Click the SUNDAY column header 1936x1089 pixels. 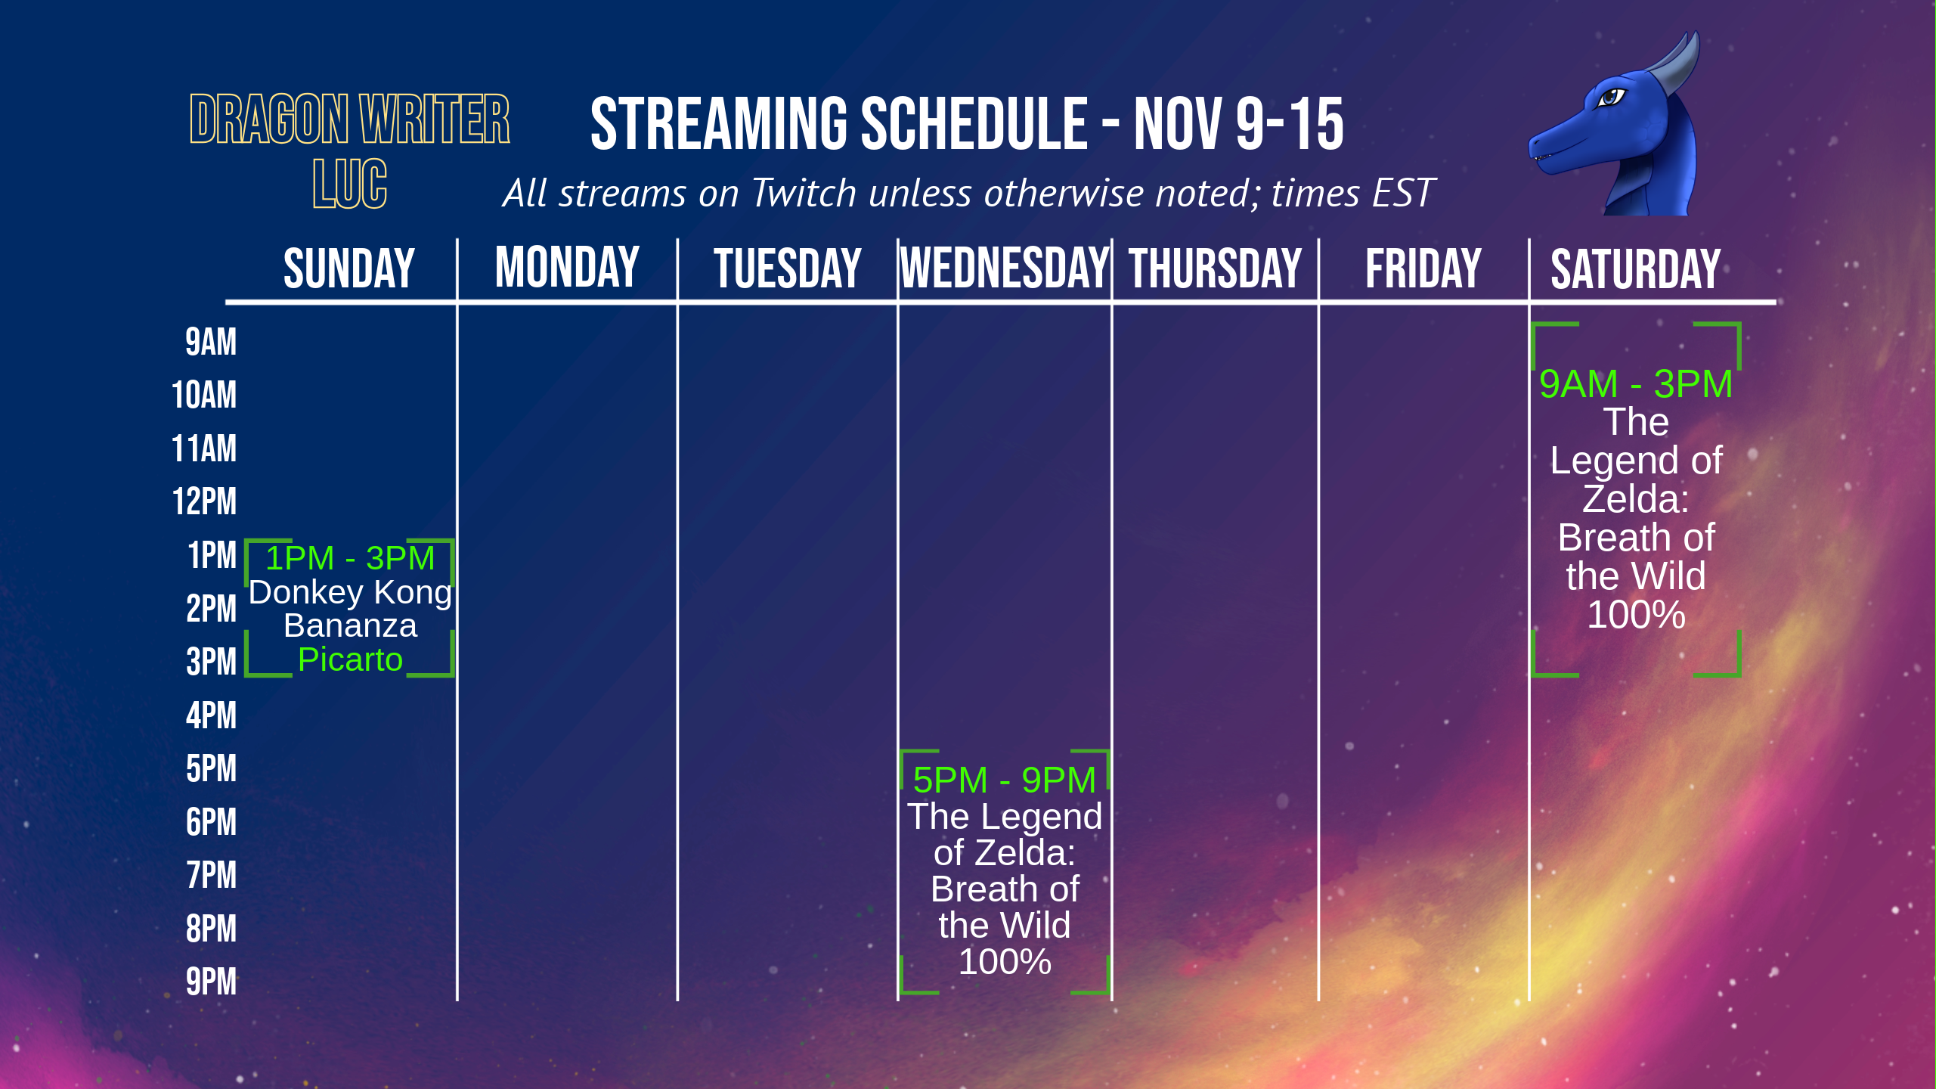click(349, 268)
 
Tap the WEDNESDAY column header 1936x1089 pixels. click(1005, 268)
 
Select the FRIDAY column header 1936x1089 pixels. click(1423, 268)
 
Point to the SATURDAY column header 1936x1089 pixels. click(1636, 269)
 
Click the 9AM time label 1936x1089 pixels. click(211, 342)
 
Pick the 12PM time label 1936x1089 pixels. click(204, 501)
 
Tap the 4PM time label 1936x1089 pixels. click(211, 715)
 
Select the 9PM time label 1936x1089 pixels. click(211, 982)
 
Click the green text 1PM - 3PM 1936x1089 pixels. click(350, 558)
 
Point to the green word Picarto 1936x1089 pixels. click(350, 660)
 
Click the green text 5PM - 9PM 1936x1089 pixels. click(1004, 780)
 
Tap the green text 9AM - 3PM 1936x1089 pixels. click(1636, 384)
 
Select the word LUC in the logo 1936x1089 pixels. click(350, 184)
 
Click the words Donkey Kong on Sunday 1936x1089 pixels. click(350, 592)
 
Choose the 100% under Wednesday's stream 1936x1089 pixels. click(1005, 962)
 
